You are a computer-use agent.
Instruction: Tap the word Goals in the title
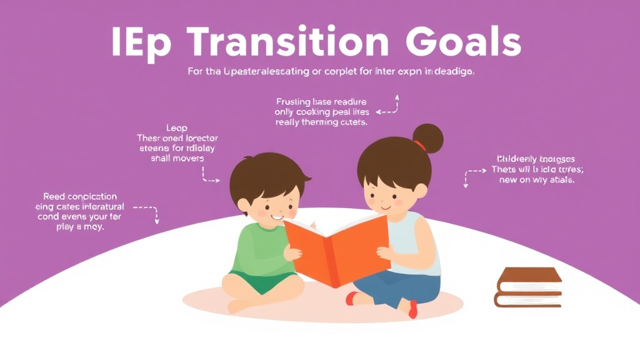[462, 42]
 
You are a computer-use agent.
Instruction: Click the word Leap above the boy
[178, 128]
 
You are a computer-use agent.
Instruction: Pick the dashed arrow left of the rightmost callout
[474, 175]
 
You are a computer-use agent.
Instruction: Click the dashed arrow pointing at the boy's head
[209, 175]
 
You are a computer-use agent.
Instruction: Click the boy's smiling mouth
[277, 216]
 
